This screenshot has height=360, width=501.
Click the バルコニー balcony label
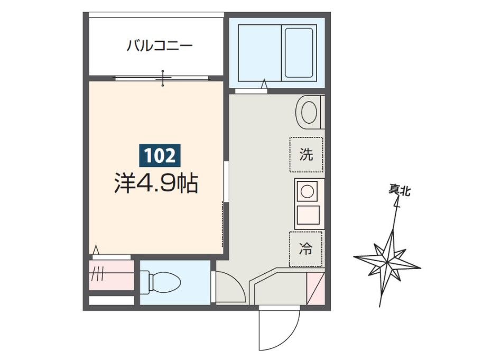click(x=159, y=46)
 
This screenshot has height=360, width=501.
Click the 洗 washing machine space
click(x=306, y=155)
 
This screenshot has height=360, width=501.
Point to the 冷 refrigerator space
click(x=306, y=249)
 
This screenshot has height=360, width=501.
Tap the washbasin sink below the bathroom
click(x=309, y=112)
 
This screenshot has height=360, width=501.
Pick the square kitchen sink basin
click(x=309, y=215)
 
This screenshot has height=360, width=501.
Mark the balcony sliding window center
click(x=163, y=78)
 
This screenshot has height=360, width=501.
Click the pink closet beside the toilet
click(x=112, y=275)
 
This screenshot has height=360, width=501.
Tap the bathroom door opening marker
click(x=264, y=84)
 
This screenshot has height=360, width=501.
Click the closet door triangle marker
click(x=96, y=250)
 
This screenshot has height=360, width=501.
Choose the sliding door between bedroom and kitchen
click(x=225, y=182)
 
